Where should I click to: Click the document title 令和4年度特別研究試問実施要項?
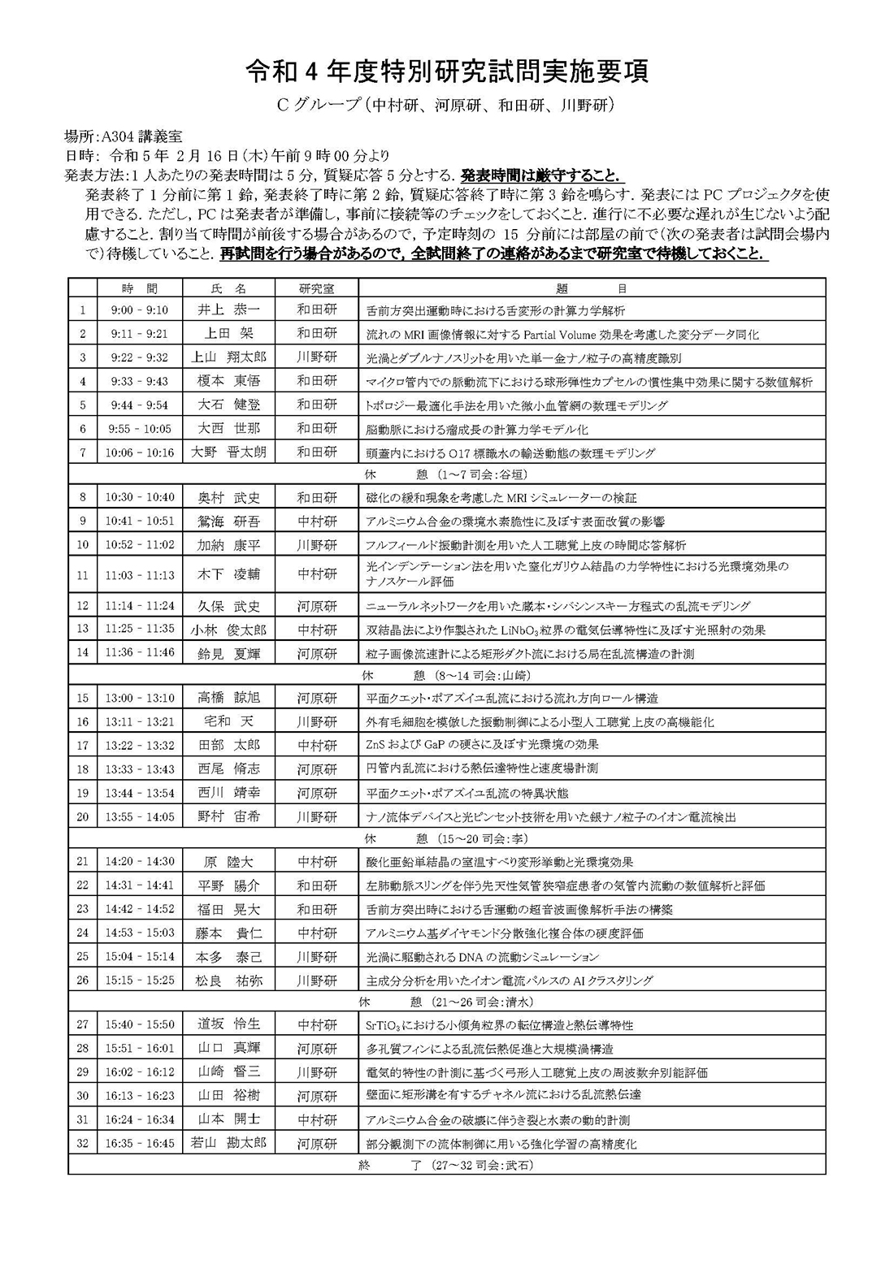tap(447, 72)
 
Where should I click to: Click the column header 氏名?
tap(228, 288)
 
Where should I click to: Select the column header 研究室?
tap(316, 288)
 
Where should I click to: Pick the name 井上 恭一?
tap(228, 310)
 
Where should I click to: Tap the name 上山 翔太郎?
tap(228, 357)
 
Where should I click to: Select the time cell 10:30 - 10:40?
tap(139, 498)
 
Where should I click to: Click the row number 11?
tap(83, 575)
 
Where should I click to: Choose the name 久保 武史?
tap(228, 606)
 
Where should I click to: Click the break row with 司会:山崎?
tap(447, 675)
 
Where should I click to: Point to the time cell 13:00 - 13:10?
tap(139, 698)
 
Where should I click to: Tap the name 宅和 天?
tap(228, 721)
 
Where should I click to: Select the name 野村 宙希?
tap(228, 816)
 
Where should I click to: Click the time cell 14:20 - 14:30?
tap(139, 862)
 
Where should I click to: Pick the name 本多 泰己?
tap(228, 957)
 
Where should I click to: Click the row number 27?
tap(83, 1025)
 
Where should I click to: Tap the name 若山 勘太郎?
tap(228, 1143)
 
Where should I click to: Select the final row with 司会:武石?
tap(447, 1165)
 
